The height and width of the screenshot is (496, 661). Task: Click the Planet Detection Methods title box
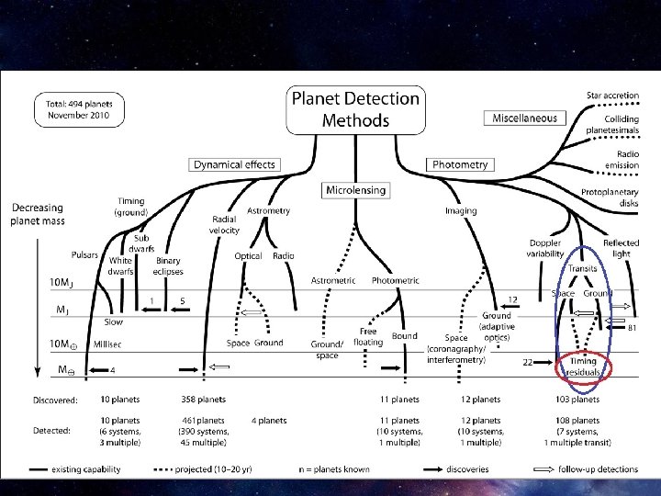(355, 108)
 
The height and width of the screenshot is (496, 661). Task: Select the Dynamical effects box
(233, 164)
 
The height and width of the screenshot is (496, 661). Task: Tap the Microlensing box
(355, 189)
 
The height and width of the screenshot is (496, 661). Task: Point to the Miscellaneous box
(525, 118)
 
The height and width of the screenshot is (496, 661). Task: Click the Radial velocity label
(225, 224)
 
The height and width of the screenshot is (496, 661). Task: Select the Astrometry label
(269, 210)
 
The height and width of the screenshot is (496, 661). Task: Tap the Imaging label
(461, 211)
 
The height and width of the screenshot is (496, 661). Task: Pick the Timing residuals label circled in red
(582, 367)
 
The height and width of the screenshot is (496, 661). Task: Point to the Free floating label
(368, 336)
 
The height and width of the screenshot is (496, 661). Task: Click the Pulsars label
(85, 254)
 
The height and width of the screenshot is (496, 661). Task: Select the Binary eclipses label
(168, 265)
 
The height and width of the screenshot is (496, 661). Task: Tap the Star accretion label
(613, 96)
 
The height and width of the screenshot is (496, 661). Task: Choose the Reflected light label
(622, 248)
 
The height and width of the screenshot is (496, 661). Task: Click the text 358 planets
(204, 400)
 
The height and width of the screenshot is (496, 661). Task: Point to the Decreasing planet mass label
(37, 214)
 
